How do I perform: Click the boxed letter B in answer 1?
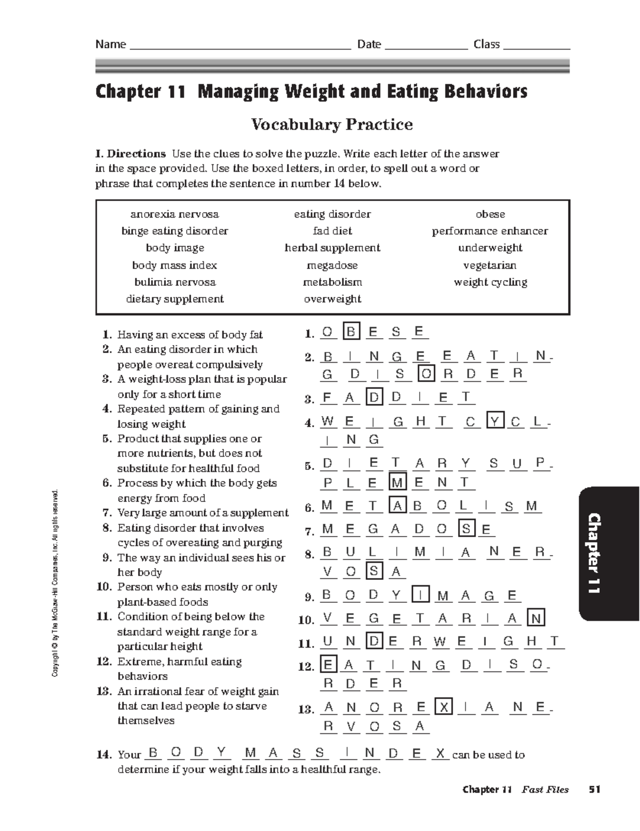[351, 332]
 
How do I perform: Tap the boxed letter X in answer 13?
[443, 707]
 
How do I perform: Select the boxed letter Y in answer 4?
[494, 421]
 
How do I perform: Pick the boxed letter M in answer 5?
[397, 483]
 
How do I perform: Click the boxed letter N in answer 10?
[536, 618]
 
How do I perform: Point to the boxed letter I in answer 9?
[421, 595]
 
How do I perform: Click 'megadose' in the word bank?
[332, 265]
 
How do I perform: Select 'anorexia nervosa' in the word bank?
[174, 214]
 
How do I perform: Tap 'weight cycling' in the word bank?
[490, 282]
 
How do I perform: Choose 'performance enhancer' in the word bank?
[490, 231]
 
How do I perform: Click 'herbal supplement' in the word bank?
[332, 248]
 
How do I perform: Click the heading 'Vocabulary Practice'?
[332, 124]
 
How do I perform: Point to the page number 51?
[594, 789]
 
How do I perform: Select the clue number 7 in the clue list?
[107, 513]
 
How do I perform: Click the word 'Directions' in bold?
[137, 154]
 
